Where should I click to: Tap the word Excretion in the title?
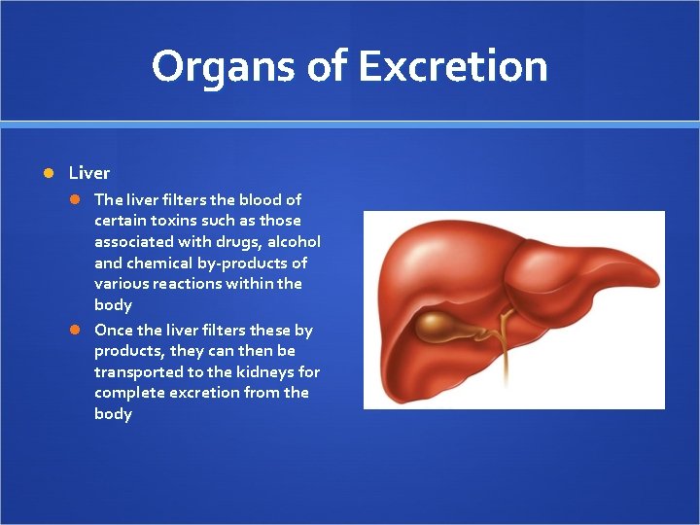452,67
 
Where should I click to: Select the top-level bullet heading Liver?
89,173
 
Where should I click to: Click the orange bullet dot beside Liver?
49,173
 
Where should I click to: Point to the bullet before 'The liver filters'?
75,199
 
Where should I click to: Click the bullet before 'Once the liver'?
75,330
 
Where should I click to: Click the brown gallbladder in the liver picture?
441,327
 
